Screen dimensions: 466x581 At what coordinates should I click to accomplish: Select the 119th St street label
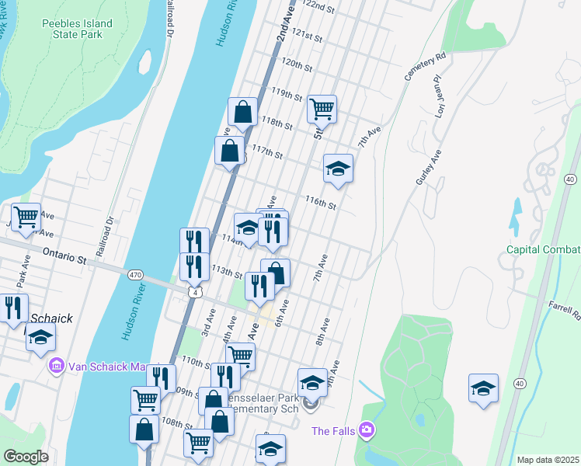click(287, 94)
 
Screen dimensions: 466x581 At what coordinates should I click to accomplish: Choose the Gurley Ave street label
click(428, 167)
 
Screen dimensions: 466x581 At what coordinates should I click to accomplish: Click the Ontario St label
click(64, 255)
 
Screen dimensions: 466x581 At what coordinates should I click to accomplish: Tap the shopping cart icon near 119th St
click(322, 110)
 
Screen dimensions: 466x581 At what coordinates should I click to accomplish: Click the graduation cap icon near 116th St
click(338, 168)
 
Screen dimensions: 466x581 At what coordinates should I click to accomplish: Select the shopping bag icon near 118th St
click(243, 113)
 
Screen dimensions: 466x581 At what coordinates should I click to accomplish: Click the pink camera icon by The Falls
click(366, 429)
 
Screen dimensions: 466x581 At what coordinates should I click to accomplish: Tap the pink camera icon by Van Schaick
click(56, 365)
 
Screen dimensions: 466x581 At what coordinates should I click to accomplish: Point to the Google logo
click(26, 457)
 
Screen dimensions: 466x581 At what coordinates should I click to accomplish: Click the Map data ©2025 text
click(548, 460)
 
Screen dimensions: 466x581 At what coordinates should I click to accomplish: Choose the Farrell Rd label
click(565, 311)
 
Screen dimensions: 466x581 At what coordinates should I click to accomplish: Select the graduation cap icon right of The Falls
click(483, 388)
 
